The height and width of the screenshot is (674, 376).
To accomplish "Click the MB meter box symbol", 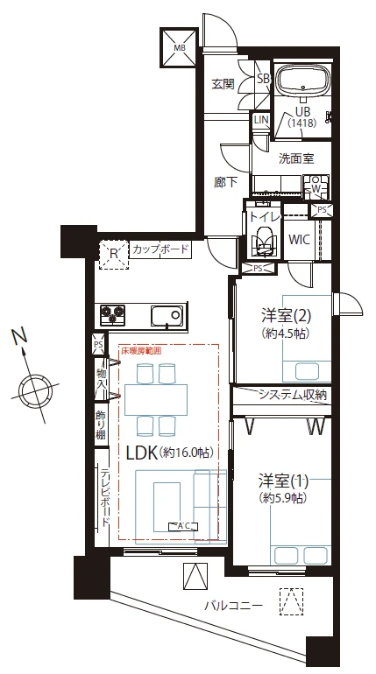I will click(176, 46).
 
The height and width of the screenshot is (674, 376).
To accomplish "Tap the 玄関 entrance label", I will click(223, 85).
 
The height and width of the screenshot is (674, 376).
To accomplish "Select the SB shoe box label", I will click(262, 78).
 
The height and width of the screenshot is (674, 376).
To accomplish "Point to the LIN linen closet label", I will click(261, 121).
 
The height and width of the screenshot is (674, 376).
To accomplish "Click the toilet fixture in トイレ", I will click(262, 237).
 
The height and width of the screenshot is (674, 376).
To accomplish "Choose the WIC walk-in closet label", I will click(299, 238).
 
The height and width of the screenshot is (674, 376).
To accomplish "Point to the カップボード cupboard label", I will click(160, 250).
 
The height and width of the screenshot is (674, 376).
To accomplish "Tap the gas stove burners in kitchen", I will click(113, 312).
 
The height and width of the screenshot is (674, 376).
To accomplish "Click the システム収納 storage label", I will click(291, 396).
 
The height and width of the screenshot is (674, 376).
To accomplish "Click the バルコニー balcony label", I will click(233, 605).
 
